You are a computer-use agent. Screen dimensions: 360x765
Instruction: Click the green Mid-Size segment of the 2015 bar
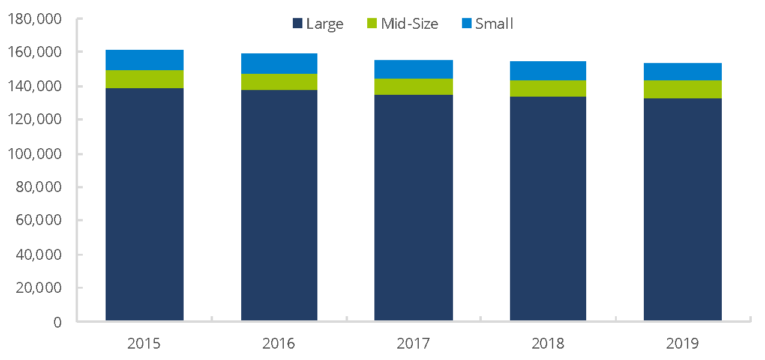pos(144,79)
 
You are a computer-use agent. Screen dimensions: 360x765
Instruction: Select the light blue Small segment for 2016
pos(279,64)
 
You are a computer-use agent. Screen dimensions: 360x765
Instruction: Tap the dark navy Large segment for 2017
pos(413,207)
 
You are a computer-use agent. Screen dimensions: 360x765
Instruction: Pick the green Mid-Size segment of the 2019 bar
pos(682,89)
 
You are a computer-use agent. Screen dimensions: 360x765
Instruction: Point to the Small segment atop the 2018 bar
pos(548,71)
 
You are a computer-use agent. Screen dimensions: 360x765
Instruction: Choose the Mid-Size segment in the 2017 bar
pos(413,86)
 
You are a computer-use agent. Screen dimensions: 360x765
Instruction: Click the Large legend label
pos(325,24)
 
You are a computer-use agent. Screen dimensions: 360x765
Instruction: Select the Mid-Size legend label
pos(410,24)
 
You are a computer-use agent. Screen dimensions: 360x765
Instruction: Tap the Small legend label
pos(494,24)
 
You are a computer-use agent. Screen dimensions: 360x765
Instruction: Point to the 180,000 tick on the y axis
pos(35,19)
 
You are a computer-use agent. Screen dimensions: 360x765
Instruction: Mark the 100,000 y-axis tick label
pos(35,154)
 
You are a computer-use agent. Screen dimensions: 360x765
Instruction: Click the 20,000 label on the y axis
pos(38,288)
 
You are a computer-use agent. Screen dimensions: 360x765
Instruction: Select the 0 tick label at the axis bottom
pos(58,322)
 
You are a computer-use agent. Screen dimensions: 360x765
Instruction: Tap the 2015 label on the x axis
pos(144,344)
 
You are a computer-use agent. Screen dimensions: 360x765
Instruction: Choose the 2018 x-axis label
pos(548,344)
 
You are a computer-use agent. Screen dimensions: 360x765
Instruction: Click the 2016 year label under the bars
pos(279,344)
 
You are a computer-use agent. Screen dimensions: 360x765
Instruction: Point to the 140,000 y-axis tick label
pos(35,86)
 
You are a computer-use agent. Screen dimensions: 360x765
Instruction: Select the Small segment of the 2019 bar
pos(682,71)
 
